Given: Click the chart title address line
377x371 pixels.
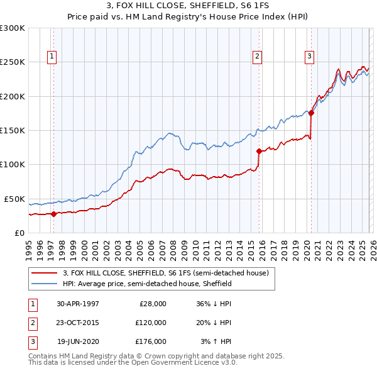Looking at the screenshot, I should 188,6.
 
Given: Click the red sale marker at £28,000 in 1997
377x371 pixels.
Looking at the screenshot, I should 54,214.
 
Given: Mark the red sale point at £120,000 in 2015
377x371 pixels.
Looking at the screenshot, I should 259,151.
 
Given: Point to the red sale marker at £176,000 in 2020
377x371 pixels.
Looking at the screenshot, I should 311,113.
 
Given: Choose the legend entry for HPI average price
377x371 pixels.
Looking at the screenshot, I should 147,284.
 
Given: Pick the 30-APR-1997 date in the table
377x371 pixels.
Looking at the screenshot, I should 78,304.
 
